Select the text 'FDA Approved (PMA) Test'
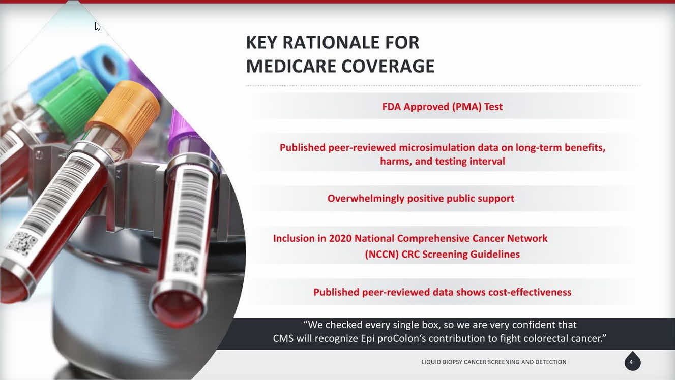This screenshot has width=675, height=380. click(x=443, y=107)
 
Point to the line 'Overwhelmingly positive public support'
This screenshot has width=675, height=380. click(x=421, y=199)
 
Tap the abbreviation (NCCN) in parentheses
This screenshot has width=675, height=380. click(x=382, y=254)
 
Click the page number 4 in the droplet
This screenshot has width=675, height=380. click(x=631, y=362)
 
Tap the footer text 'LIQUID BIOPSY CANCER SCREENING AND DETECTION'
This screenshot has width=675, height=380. click(x=494, y=362)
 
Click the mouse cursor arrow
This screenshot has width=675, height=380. click(x=98, y=27)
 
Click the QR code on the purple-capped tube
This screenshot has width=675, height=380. click(x=185, y=264)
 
